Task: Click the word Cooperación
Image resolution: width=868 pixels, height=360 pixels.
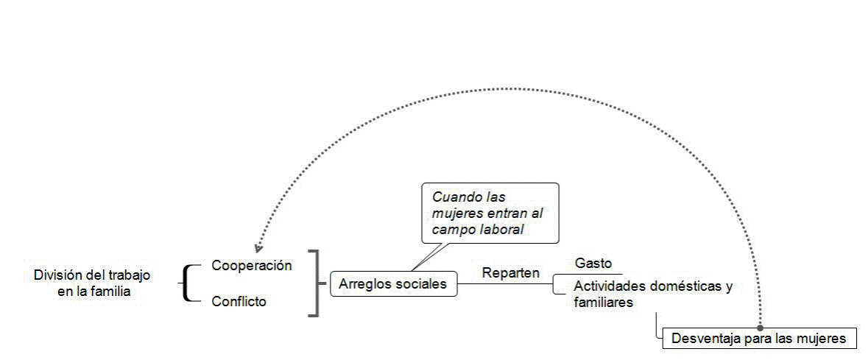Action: click(252, 266)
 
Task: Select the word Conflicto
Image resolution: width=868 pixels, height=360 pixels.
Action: click(239, 301)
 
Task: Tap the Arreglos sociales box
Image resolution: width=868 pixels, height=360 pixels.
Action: click(393, 284)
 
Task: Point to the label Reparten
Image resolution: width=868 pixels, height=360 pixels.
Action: click(510, 272)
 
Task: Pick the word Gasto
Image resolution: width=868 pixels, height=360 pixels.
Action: click(593, 263)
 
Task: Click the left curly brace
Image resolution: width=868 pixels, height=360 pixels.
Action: click(189, 283)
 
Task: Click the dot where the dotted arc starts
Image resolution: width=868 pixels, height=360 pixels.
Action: click(760, 328)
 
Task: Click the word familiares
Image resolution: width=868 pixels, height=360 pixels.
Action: click(604, 302)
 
